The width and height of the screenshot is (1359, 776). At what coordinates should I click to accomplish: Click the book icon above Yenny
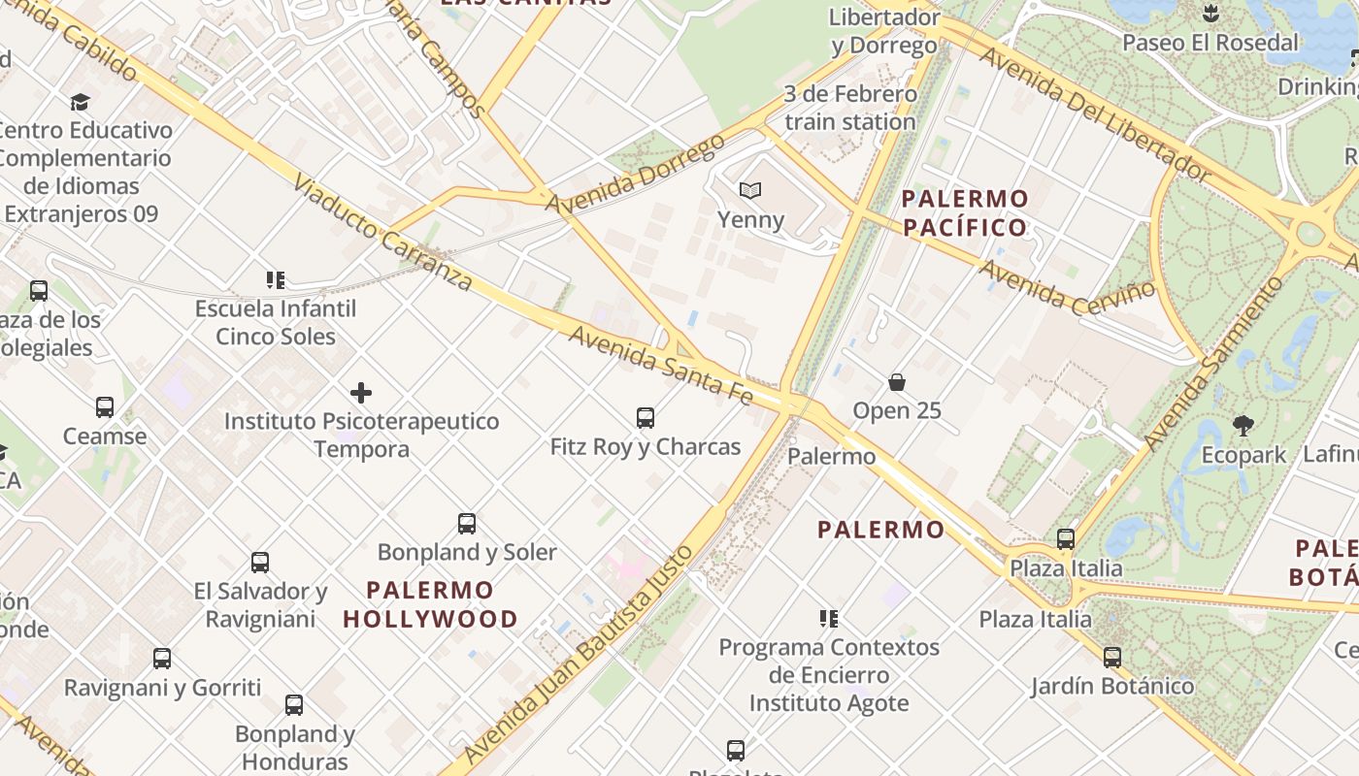[x=749, y=190]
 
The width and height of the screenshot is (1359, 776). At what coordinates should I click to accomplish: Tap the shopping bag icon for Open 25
[x=897, y=382]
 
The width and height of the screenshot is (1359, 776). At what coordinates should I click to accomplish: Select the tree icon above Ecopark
[x=1243, y=425]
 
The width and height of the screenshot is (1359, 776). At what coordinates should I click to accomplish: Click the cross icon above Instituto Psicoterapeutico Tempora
[x=361, y=393]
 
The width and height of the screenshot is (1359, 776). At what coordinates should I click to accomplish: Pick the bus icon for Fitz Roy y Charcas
[x=646, y=418]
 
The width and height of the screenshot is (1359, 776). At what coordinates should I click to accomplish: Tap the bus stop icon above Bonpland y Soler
[x=467, y=524]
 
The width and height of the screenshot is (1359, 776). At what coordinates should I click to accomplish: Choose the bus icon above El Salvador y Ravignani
[x=260, y=563]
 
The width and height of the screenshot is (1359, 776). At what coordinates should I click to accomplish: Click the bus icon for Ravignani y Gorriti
[x=162, y=659]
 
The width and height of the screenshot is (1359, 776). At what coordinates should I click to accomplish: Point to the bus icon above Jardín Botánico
[x=1112, y=658]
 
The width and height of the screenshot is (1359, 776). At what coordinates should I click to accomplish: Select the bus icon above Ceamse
[x=105, y=407]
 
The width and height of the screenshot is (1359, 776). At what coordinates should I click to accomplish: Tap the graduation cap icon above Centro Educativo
[x=81, y=102]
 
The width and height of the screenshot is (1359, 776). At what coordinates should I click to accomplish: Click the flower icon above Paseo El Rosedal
[x=1210, y=15]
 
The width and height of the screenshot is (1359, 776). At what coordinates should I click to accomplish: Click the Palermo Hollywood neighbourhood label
[x=430, y=604]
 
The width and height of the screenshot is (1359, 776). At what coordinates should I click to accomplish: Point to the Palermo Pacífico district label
[x=965, y=213]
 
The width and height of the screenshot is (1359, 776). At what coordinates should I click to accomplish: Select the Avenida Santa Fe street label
[x=660, y=365]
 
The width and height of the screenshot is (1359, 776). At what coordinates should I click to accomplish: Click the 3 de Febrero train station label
[x=850, y=108]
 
